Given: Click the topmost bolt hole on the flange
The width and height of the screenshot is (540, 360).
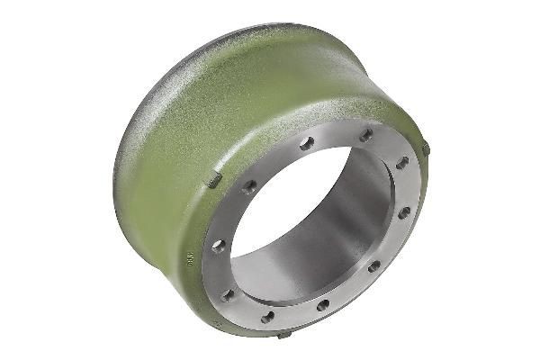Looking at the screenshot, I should [365, 135].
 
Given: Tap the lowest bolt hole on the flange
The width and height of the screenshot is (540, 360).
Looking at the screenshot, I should [268, 316].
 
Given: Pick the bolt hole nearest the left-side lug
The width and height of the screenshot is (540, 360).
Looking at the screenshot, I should [249, 186].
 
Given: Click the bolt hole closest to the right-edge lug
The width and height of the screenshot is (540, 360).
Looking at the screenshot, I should [401, 163].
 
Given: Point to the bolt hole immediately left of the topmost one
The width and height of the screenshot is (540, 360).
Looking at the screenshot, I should [307, 143].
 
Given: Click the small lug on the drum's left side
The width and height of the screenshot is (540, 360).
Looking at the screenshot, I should [214, 181].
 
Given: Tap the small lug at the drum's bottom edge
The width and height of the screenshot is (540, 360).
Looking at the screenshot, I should [284, 335].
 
